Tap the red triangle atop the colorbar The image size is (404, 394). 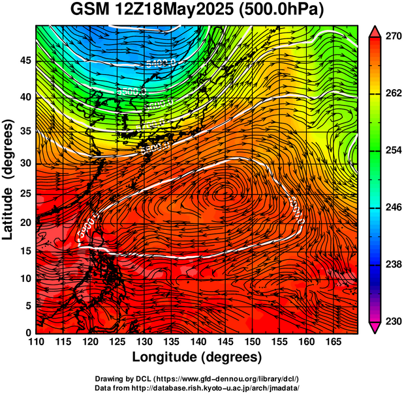(x=375, y=31)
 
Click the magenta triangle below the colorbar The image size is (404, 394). (x=375, y=328)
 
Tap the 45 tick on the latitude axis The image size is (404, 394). (x=25, y=61)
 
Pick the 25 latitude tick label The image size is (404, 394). (x=25, y=193)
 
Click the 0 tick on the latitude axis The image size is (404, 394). (x=29, y=333)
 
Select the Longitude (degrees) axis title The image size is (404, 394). (x=197, y=357)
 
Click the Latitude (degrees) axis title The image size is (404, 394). (x=9, y=179)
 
